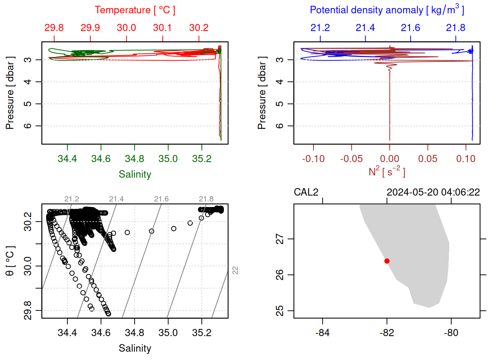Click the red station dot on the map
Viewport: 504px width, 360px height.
387,261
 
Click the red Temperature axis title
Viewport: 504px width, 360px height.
135,10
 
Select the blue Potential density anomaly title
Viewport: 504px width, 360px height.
387,10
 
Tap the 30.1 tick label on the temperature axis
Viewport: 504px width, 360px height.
162,28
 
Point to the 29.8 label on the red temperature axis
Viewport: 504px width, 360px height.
54,28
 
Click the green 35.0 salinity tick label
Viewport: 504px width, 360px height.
168,159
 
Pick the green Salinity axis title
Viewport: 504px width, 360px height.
135,174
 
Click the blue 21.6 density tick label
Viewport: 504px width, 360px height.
410,28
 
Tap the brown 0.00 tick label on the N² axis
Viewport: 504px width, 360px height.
389,159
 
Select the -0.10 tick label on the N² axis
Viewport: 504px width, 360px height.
313,159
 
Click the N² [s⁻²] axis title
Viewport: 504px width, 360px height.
387,171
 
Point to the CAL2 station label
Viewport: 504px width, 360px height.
306,192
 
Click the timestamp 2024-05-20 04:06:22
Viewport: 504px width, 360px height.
433,192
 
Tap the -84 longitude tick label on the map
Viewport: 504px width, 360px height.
322,333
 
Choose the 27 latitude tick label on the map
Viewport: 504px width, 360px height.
280,239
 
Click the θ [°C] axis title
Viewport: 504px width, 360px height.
10,261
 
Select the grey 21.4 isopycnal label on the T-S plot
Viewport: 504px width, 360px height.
116,199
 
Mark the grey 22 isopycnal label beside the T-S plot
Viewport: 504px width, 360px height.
235,270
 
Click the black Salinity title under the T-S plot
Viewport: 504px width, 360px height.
135,348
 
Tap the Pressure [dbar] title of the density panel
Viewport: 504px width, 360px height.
262,93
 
